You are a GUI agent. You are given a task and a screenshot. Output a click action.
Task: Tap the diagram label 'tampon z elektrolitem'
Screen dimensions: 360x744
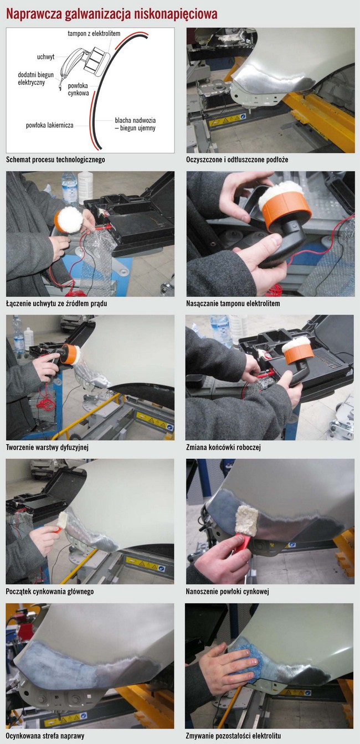(x=94, y=34)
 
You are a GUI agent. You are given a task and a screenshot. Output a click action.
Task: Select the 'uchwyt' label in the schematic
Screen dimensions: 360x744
(x=45, y=57)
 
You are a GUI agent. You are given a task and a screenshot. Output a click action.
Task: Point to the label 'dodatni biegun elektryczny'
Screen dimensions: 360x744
(x=35, y=79)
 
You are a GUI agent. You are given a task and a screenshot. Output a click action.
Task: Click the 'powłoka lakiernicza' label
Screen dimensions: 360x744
(x=49, y=125)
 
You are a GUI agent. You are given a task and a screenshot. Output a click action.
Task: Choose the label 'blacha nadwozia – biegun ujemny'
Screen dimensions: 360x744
(x=135, y=124)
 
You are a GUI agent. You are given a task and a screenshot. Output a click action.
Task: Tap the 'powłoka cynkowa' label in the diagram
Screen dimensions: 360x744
(x=79, y=90)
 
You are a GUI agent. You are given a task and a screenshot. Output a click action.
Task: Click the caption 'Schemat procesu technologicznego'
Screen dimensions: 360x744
(x=55, y=160)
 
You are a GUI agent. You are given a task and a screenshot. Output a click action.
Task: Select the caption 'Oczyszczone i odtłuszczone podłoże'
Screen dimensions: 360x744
(x=237, y=160)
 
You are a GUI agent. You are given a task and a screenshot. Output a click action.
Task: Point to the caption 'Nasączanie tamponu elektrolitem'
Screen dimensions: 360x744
(x=233, y=303)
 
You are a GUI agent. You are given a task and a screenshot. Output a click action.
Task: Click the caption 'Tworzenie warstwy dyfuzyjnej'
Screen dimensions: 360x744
(x=47, y=447)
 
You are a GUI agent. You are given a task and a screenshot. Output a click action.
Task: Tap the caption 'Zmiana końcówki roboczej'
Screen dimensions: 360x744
(x=223, y=447)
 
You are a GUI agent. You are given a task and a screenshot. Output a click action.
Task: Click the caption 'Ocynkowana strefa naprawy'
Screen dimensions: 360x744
(x=45, y=736)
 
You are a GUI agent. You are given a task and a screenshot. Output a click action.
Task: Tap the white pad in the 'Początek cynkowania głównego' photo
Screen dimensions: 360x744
(x=63, y=519)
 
